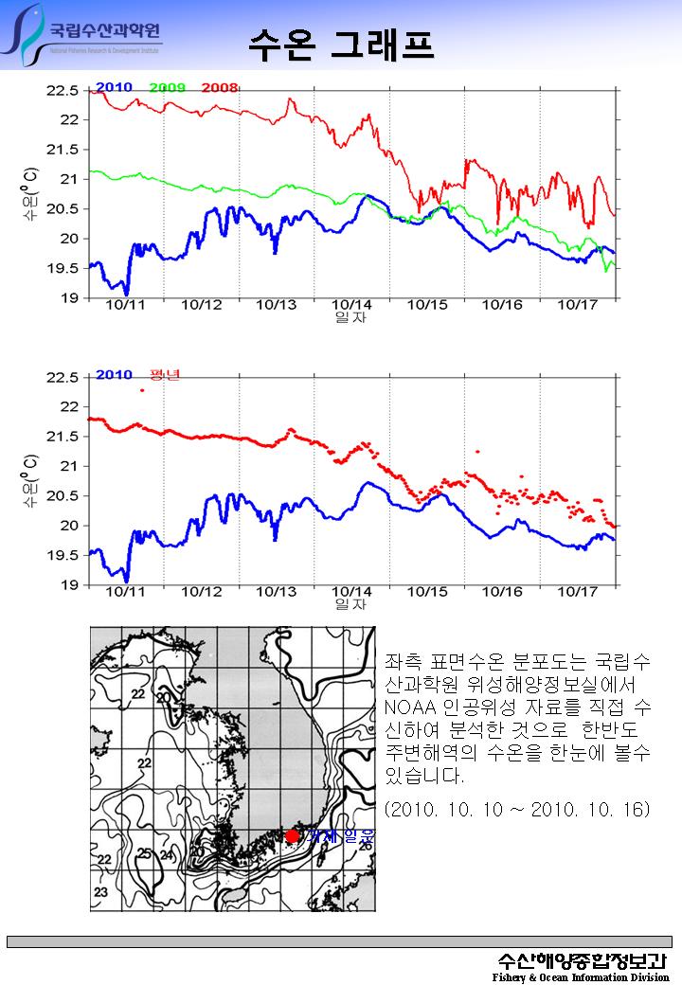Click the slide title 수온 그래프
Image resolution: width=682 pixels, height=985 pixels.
point(341,44)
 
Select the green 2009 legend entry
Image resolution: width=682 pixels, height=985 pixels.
point(167,88)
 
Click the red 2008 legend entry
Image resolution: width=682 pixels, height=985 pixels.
point(219,88)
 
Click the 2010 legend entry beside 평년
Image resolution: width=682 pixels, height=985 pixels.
point(114,374)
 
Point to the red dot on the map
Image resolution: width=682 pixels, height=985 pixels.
point(292,835)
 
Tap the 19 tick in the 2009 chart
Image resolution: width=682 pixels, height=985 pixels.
point(69,298)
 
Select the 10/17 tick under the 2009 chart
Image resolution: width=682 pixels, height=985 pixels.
point(577,305)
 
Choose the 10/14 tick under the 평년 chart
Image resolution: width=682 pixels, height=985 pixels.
point(351,592)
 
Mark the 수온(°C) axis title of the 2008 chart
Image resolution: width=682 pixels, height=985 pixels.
point(31,194)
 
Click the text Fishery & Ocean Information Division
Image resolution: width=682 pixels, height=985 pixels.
point(580,976)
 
